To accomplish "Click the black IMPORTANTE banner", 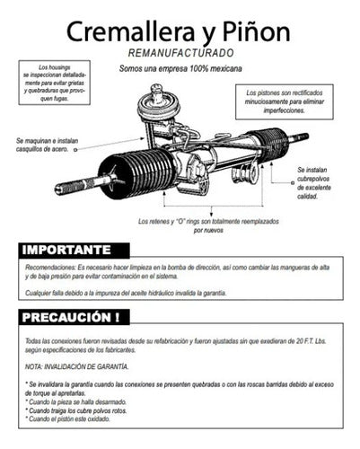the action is point(74,251).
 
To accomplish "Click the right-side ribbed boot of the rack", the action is point(269,144).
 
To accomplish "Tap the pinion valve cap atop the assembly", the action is point(157,92).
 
